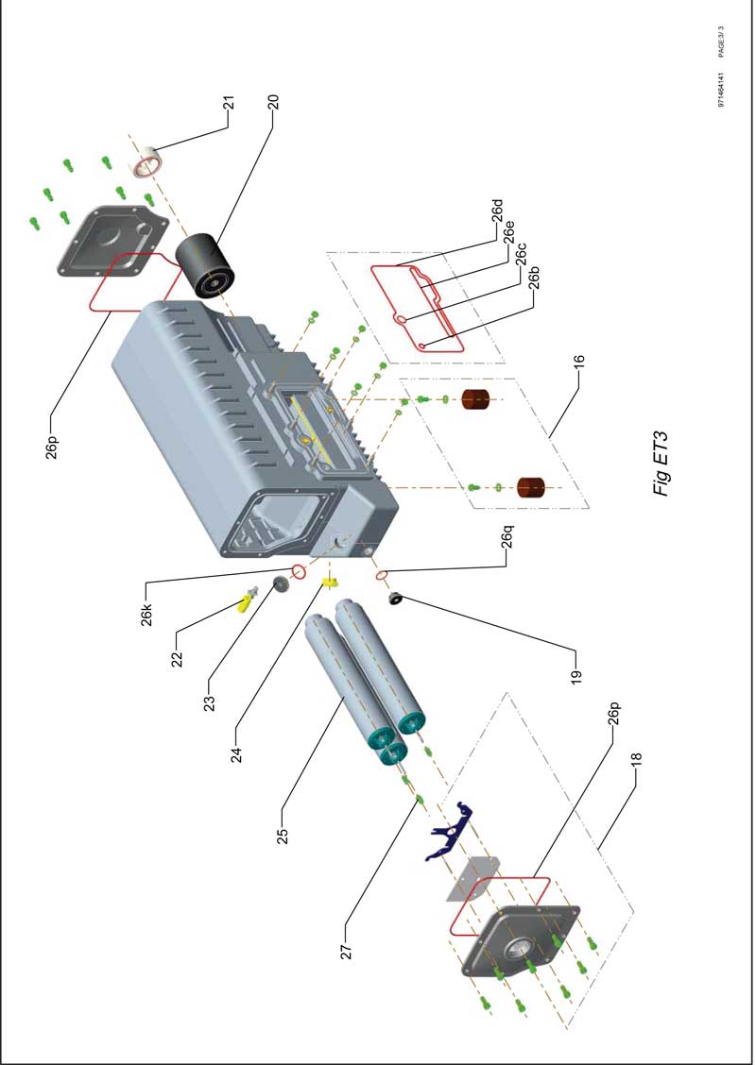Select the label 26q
pos(507,539)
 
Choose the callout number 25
pos(281,837)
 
